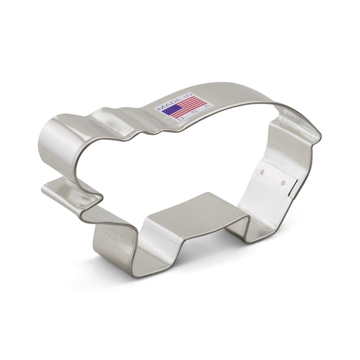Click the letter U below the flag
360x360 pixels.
pyautogui.click(x=180, y=118)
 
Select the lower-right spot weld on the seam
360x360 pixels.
pyautogui.click(x=283, y=182)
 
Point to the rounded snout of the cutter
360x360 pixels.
pyautogui.click(x=58, y=144)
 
